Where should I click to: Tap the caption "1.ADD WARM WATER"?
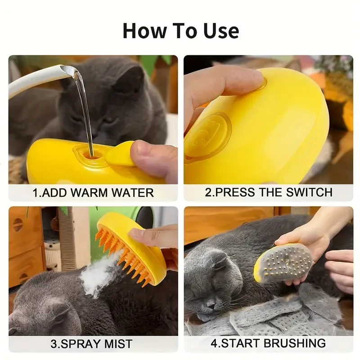93,193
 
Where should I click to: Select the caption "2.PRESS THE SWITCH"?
269,192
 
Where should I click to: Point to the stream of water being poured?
85,108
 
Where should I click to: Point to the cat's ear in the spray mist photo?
58,310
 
